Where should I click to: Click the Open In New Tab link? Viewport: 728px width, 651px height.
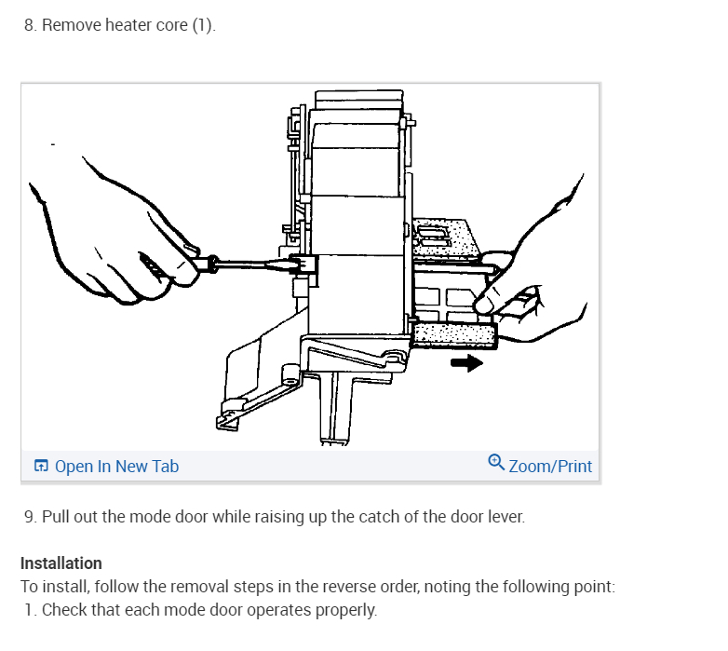pos(116,467)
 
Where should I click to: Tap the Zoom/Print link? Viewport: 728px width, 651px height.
pos(550,467)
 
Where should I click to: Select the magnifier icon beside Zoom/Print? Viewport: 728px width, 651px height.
pos(496,462)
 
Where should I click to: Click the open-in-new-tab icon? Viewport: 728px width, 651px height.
pos(41,467)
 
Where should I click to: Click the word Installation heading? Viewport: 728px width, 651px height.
pos(61,563)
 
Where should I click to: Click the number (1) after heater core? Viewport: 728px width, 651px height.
pos(203,25)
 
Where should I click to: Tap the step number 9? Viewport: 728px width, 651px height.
pos(31,516)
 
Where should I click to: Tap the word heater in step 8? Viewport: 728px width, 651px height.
pos(127,25)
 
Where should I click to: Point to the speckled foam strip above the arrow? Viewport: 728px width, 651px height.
pos(454,335)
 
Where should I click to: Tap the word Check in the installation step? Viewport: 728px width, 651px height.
pos(63,611)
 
